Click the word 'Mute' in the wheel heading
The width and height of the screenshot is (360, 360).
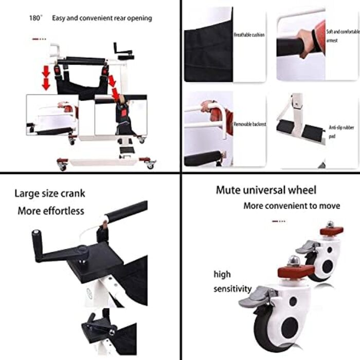pos(228,190)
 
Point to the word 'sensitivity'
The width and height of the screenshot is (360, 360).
pos(232,289)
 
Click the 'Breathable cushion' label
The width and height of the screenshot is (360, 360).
pos(249,34)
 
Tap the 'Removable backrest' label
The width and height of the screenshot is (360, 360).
pos(250,124)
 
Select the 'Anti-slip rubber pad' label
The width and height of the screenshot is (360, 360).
pos(341,132)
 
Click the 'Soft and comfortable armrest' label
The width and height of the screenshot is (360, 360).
pos(343,36)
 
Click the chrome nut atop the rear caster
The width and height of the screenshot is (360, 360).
pos(330,224)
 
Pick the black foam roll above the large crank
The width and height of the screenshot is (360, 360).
pos(127,212)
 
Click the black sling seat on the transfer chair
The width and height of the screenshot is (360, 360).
pos(81,85)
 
